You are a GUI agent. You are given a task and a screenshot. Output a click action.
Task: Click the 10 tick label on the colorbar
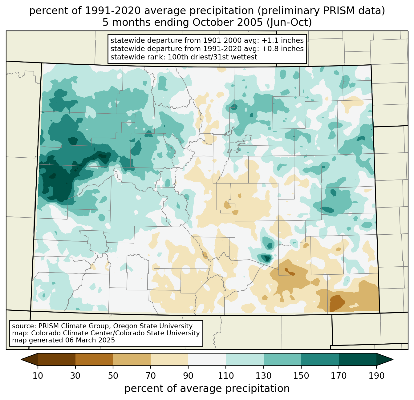(x=38, y=376)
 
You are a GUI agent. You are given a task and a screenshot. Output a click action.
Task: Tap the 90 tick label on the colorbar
(x=188, y=376)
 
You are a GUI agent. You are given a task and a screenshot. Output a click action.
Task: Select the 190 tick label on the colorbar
(x=376, y=376)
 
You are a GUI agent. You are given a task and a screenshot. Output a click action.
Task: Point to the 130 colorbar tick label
(x=264, y=376)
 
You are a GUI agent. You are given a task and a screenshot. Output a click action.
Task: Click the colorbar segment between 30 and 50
(x=94, y=359)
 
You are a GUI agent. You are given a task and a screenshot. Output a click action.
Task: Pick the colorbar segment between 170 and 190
(x=357, y=359)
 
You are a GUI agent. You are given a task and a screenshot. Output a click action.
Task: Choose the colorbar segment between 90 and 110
(x=207, y=359)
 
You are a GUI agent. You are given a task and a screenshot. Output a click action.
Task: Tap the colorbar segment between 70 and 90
(x=169, y=359)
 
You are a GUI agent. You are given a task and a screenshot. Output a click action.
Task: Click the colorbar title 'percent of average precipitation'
(x=207, y=389)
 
